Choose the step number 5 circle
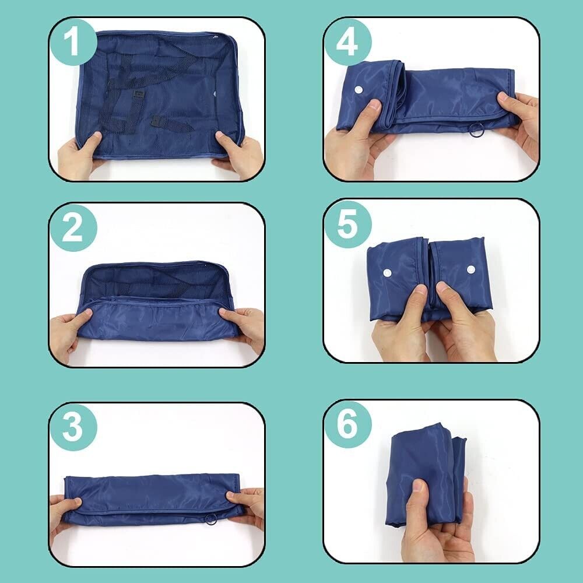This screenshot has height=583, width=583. (347, 224)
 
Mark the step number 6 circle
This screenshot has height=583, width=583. (347, 424)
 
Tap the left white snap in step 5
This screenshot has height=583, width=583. (387, 272)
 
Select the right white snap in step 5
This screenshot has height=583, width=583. (470, 270)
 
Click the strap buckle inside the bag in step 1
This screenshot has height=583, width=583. (139, 94)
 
